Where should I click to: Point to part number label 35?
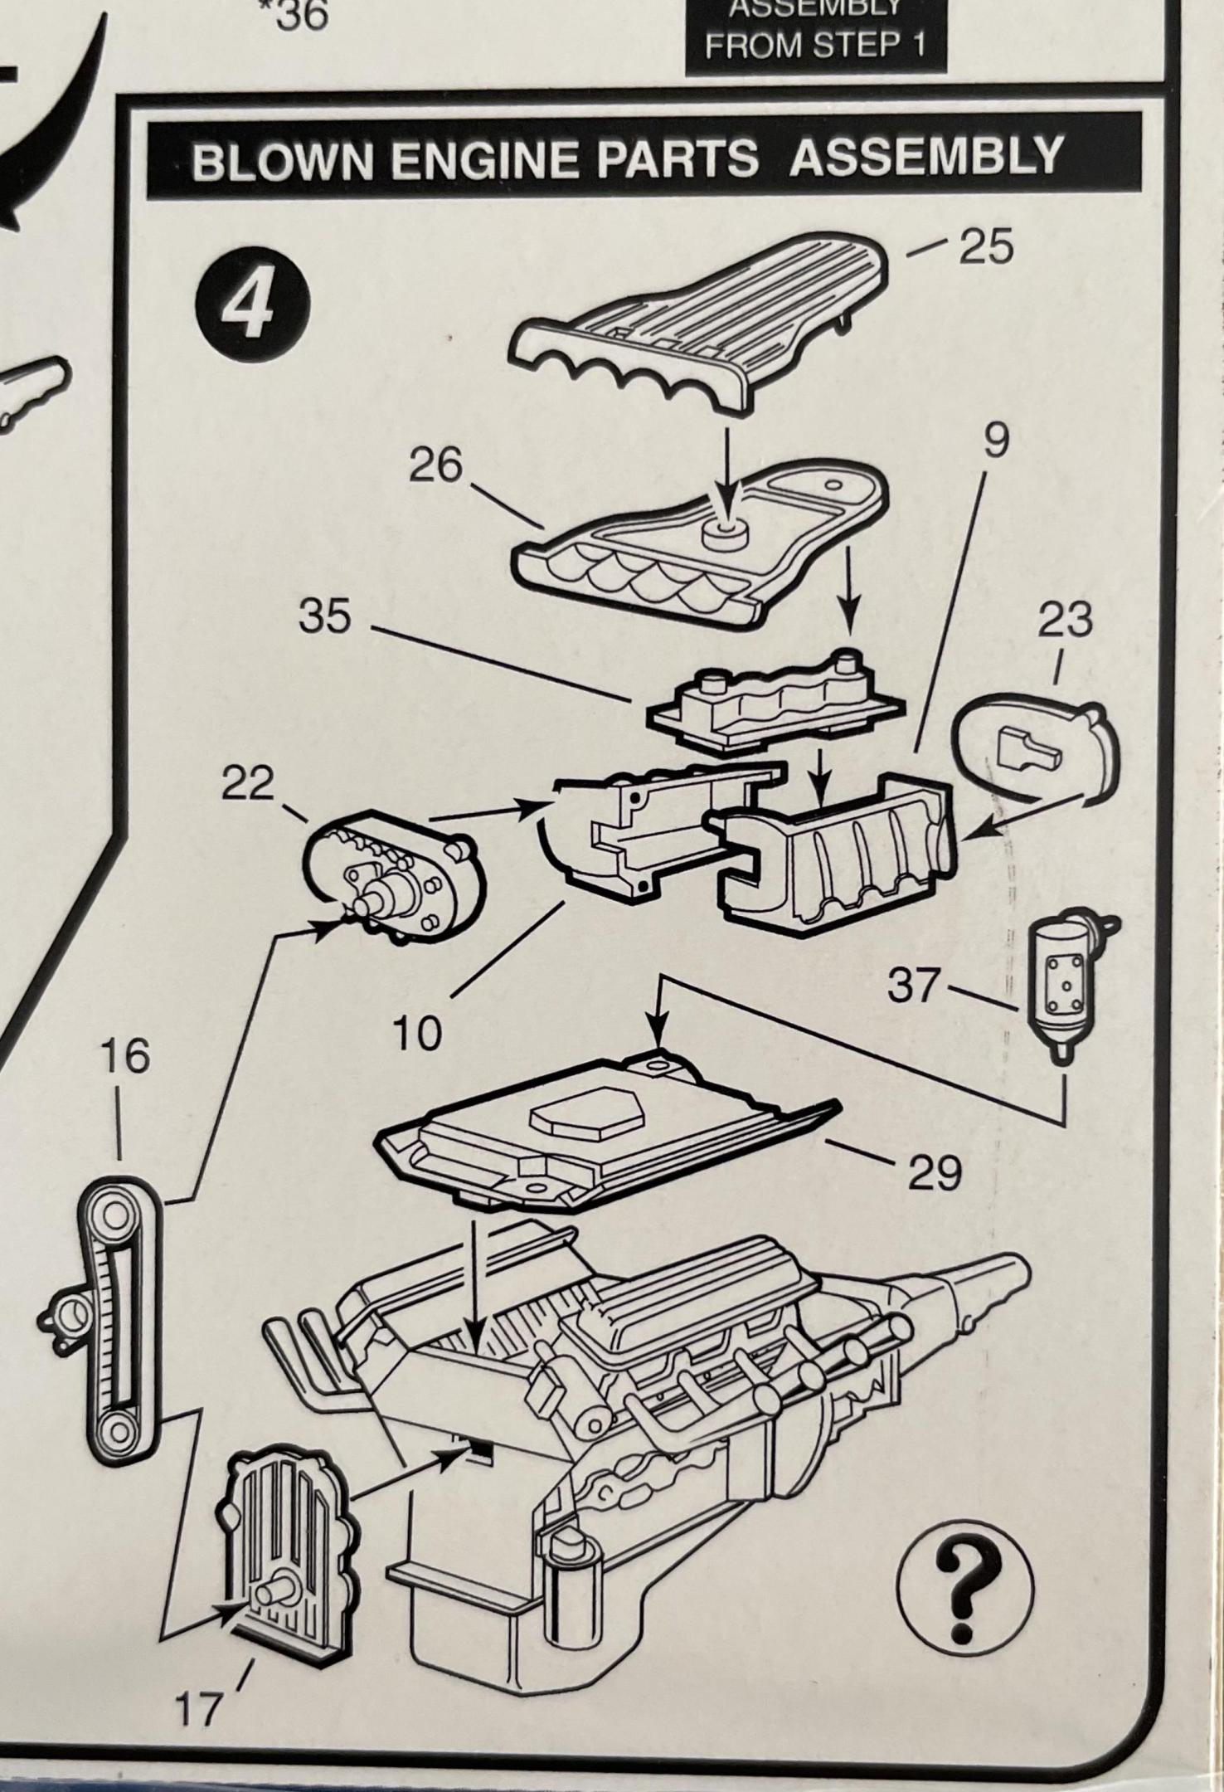click(x=325, y=617)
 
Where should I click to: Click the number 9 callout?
click(x=996, y=441)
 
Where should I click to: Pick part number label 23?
click(x=1066, y=620)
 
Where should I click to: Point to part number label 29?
click(x=935, y=1172)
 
